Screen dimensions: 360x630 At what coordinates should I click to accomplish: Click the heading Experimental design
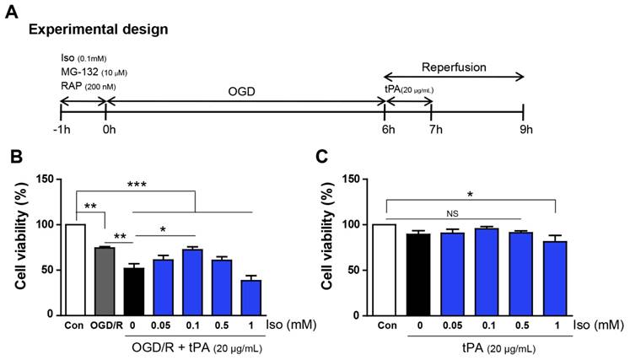point(99,30)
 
